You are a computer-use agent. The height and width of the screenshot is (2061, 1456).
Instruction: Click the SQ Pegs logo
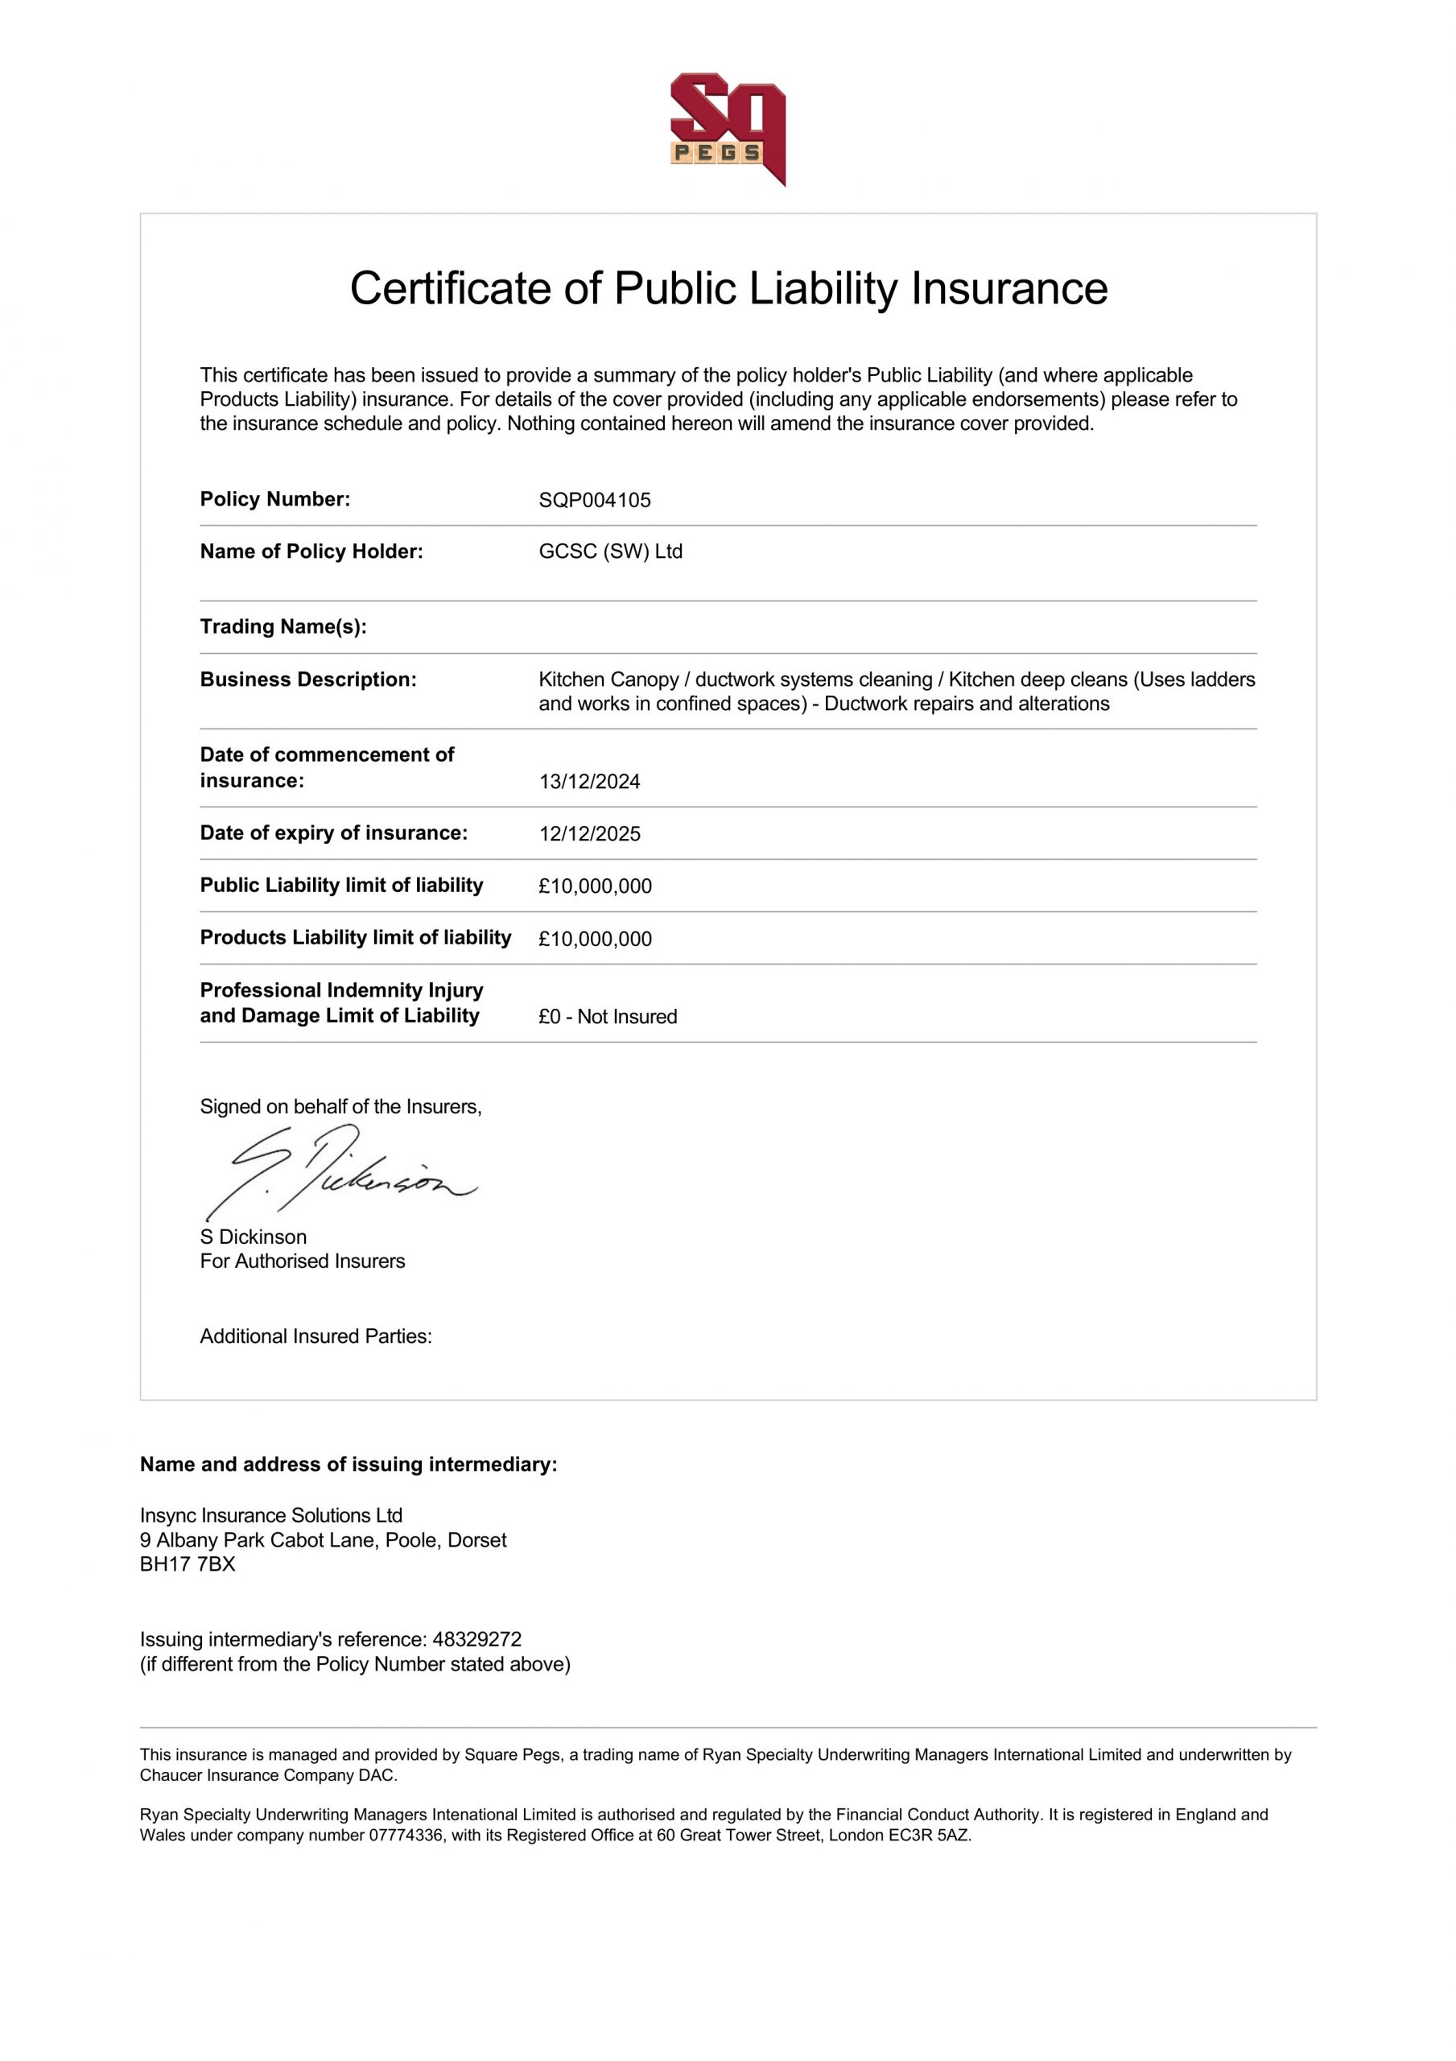click(x=727, y=128)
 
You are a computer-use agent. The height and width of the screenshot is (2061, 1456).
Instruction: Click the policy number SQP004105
click(x=594, y=500)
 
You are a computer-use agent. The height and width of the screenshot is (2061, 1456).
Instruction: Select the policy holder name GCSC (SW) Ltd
click(x=610, y=551)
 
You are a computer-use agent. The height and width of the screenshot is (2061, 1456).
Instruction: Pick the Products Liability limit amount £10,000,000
click(x=594, y=939)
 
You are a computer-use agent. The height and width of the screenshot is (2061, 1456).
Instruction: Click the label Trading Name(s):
click(x=283, y=626)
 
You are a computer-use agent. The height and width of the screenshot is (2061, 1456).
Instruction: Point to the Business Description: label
click(x=308, y=679)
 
